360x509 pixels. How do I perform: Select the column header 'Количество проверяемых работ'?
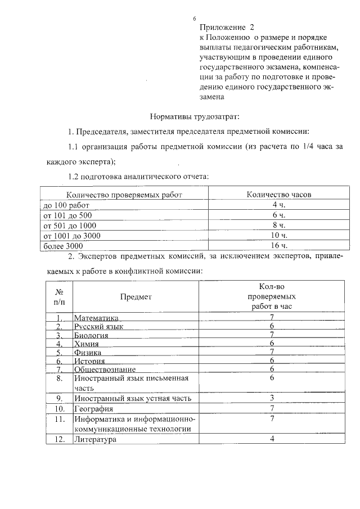point(121,195)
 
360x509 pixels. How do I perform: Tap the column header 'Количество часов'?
point(279,195)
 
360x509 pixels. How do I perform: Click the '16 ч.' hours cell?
point(279,246)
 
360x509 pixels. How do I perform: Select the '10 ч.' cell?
point(279,236)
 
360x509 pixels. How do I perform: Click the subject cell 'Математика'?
point(97,318)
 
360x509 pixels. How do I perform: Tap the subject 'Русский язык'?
point(99,326)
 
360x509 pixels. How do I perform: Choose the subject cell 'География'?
point(93,408)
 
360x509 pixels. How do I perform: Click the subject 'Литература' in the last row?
point(95,439)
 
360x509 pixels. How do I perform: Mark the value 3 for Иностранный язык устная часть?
point(272,398)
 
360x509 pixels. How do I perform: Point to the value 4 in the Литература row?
point(272,439)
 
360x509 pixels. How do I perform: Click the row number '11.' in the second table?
point(60,419)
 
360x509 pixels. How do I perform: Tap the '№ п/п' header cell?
point(59,296)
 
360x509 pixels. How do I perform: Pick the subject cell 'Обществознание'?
point(105,369)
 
